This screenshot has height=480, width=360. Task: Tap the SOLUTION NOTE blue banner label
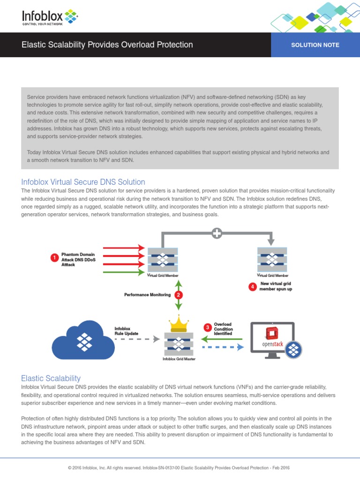(315, 45)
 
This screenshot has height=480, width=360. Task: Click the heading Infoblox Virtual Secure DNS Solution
(83, 182)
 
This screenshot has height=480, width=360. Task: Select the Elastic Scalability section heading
(51, 378)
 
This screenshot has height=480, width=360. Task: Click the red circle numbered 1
(54, 257)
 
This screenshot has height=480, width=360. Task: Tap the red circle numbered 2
(178, 295)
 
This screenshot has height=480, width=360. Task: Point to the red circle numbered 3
(206, 327)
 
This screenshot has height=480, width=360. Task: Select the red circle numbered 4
(253, 286)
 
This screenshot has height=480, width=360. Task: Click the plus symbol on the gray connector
(217, 233)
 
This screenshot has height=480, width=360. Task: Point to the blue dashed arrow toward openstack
(223, 347)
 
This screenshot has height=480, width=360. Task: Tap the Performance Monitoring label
(147, 295)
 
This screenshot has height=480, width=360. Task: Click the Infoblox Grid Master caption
(179, 359)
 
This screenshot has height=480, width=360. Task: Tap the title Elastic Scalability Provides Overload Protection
(107, 45)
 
